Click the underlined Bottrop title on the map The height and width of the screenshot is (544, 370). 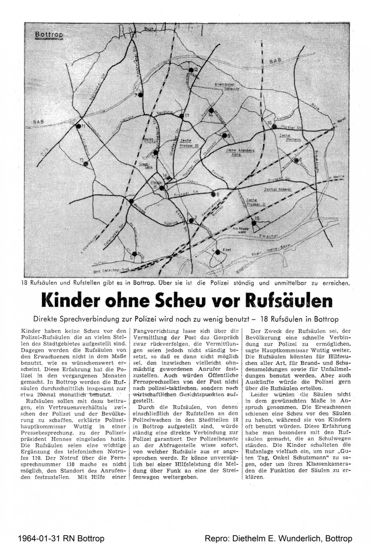pyautogui.click(x=49, y=35)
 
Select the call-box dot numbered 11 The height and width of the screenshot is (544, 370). pyautogui.click(x=78, y=126)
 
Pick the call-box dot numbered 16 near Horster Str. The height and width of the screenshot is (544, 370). pyautogui.click(x=275, y=127)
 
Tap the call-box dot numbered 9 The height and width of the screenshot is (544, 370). pyautogui.click(x=224, y=136)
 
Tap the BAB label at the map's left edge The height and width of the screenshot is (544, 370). pyautogui.click(x=38, y=122)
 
